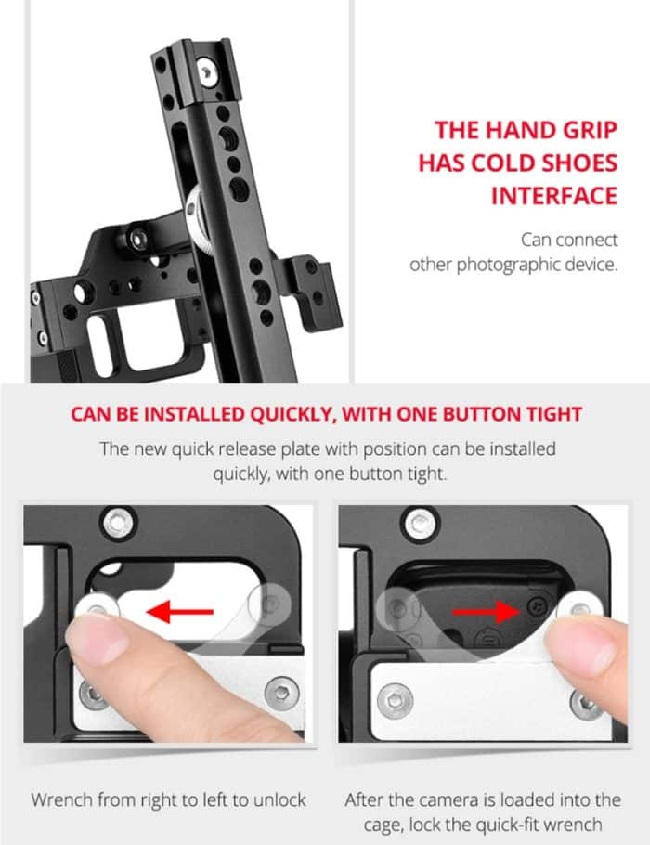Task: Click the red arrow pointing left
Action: [x=180, y=612]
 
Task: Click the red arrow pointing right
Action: [x=486, y=612]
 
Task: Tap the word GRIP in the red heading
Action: [x=591, y=130]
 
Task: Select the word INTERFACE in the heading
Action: [x=554, y=195]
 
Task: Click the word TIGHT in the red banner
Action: [x=554, y=414]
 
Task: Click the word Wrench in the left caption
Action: [x=61, y=799]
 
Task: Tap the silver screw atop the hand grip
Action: [x=207, y=71]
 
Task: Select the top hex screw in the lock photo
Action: [x=420, y=523]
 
